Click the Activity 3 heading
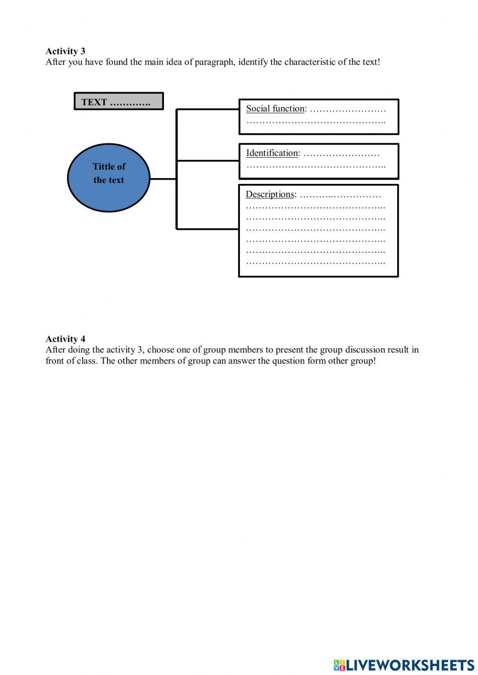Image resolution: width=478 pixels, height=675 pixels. pos(65,51)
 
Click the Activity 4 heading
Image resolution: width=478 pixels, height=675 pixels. pos(65,339)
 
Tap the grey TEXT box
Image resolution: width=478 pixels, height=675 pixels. pos(119,101)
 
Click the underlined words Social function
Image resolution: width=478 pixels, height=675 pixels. pos(275,109)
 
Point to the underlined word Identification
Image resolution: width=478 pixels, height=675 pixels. pos(272,153)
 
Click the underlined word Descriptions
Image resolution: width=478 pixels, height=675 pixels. pos(270,194)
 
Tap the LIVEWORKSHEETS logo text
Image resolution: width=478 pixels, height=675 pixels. pos(410,665)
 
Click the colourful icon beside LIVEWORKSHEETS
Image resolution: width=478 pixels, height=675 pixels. pos(339,665)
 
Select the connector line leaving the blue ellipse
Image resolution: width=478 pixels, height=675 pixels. pos(163,179)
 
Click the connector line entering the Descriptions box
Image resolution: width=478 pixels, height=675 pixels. pos(207,229)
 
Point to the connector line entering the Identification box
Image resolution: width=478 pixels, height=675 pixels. pos(207,161)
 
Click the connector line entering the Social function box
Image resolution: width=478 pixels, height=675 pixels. pos(207,109)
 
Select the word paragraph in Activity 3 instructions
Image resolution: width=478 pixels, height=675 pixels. pos(214,63)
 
